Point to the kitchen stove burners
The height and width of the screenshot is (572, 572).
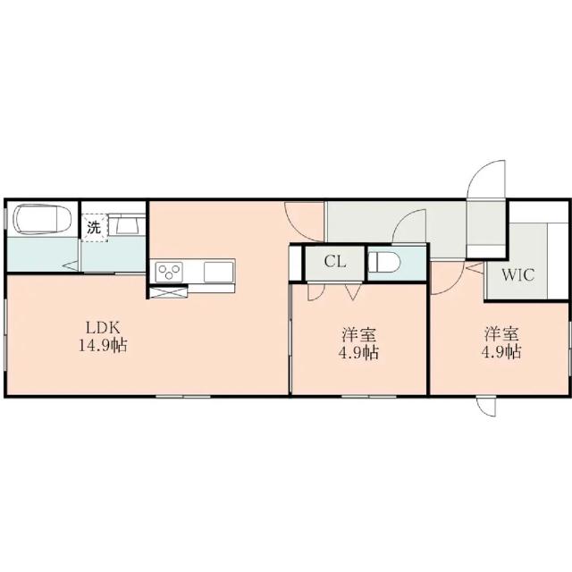tap(170, 270)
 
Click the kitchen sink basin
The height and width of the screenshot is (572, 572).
tap(219, 270)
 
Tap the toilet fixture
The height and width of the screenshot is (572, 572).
tap(386, 262)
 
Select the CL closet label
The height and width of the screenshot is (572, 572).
tap(334, 262)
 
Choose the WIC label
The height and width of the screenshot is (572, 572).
tap(517, 274)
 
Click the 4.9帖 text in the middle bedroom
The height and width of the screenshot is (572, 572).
tap(358, 353)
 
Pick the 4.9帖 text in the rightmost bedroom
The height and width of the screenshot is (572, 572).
tap(502, 352)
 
